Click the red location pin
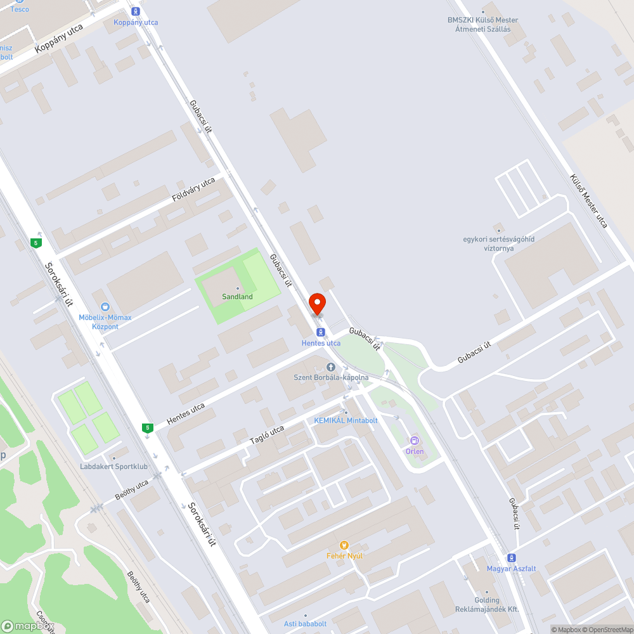click(316, 304)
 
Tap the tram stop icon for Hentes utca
click(321, 332)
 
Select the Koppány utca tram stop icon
click(134, 11)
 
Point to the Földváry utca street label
click(194, 190)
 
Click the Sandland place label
click(237, 297)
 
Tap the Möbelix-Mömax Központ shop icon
click(105, 307)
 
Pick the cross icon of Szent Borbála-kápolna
click(330, 367)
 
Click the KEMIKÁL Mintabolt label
click(346, 420)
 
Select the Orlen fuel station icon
click(415, 441)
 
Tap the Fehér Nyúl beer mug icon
click(344, 545)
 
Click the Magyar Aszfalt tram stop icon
click(512, 558)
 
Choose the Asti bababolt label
click(305, 624)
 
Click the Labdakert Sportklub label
click(113, 467)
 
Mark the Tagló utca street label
click(267, 436)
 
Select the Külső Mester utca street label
click(588, 201)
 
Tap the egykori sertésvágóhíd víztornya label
click(498, 243)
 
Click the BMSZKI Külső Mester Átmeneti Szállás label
click(482, 24)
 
